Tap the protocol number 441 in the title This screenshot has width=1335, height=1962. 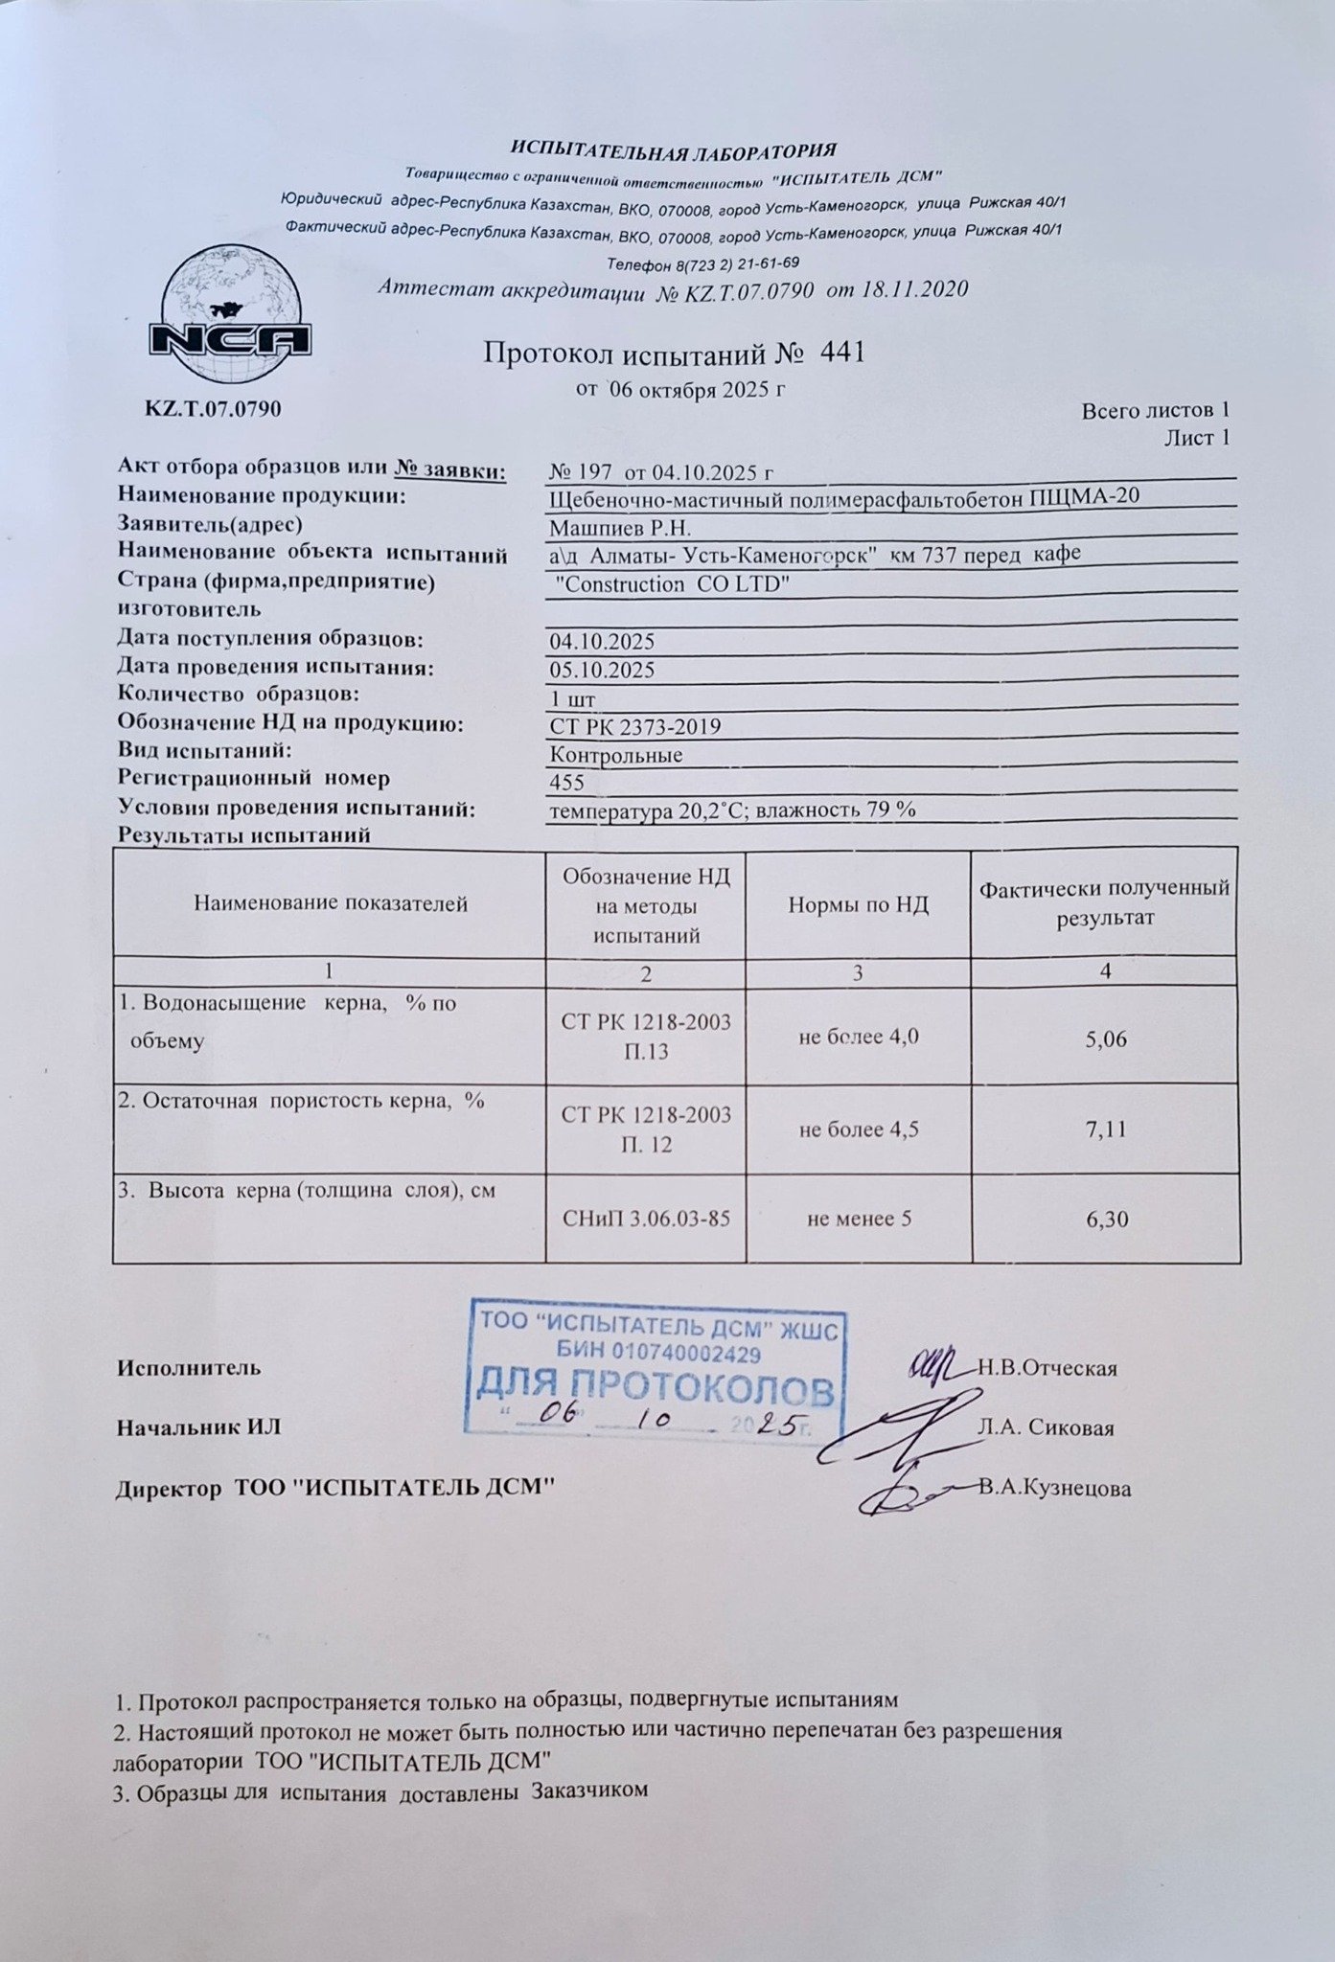(x=843, y=353)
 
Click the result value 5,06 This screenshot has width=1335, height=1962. (x=1105, y=1038)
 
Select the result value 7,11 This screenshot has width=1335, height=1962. (x=1105, y=1129)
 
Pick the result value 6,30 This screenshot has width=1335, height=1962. (x=1105, y=1219)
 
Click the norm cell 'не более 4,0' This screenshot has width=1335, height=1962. (x=859, y=1036)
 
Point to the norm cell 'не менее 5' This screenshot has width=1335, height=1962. (x=859, y=1219)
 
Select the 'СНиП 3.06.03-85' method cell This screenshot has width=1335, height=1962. (x=646, y=1219)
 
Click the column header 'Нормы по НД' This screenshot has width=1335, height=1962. (x=859, y=904)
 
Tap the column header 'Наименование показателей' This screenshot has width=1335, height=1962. (x=331, y=902)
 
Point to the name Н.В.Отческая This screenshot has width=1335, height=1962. (x=1047, y=1368)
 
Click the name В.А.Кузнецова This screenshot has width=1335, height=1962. (x=1054, y=1489)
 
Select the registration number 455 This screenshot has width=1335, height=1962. (x=567, y=782)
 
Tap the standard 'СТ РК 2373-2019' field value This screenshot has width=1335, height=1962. (x=635, y=726)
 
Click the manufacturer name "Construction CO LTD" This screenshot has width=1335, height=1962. (x=671, y=584)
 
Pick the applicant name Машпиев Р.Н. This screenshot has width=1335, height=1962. (x=620, y=528)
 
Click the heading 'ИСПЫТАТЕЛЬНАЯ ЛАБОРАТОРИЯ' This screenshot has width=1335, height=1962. (x=673, y=150)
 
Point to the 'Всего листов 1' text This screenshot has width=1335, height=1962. (x=1155, y=411)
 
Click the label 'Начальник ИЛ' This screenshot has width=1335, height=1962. (x=199, y=1427)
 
